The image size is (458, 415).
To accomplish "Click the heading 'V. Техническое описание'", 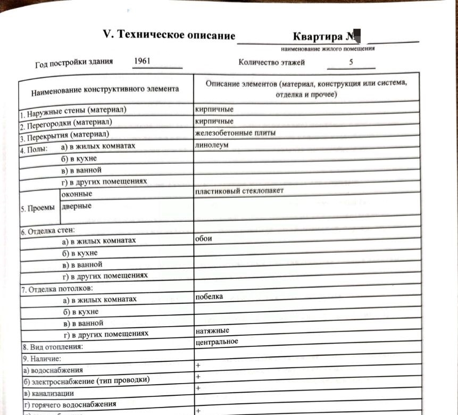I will pos(169,36).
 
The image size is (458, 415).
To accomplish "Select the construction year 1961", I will pos(142,61).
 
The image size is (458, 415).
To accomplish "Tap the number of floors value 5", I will pos(351,62).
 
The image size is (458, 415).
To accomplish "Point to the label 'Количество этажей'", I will pos(272,62).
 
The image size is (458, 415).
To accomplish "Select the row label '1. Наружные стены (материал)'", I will pos(74,112).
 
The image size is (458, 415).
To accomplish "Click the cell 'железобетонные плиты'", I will pos(235,132).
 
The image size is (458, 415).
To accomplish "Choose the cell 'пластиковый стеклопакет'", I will pos(239,191).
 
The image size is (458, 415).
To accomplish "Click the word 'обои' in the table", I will pos(204,238).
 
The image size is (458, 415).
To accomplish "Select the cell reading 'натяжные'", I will pos(212,331).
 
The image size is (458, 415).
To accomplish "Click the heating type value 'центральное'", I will pos(217,342).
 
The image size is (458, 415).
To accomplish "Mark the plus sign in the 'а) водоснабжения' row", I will pos(198,366).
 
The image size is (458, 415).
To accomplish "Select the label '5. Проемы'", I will pos(37,209).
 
